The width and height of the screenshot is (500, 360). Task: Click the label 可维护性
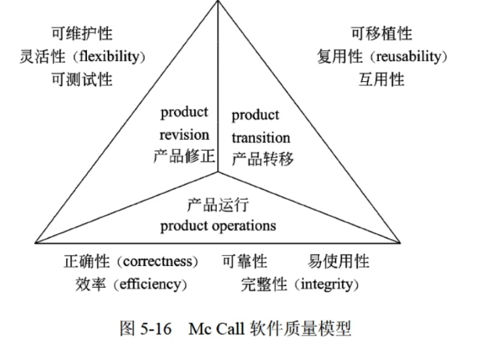[x=82, y=33]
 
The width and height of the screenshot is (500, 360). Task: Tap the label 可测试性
[x=82, y=80]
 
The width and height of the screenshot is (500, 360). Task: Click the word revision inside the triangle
[x=184, y=135]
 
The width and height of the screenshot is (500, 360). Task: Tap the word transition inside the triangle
[x=261, y=138]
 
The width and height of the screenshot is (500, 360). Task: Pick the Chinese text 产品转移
[x=262, y=159]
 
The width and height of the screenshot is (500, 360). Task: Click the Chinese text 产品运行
[x=217, y=204]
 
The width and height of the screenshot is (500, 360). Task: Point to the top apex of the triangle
[x=218, y=2]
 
